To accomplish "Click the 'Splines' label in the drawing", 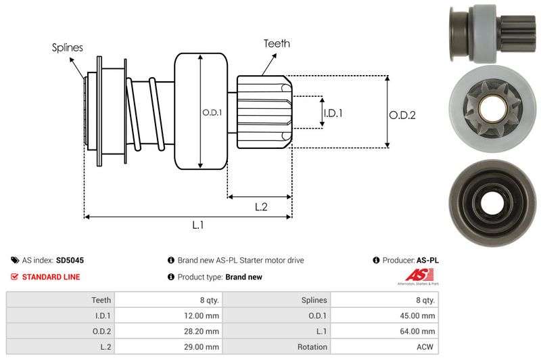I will coord(68,47).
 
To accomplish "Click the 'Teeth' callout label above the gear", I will coord(277,43).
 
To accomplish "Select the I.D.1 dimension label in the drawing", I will coord(333,113).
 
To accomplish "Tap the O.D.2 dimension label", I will coord(402,115).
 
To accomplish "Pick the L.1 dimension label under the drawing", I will coord(198,225).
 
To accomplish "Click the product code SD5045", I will coord(70,260).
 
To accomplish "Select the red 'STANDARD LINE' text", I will coord(51,277).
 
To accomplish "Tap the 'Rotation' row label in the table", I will coord(312,347).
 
